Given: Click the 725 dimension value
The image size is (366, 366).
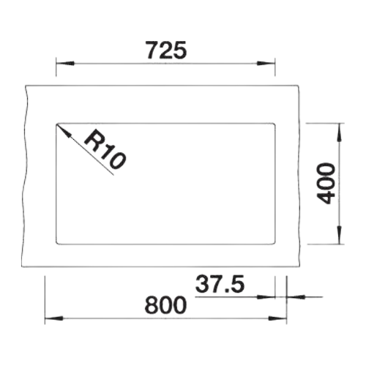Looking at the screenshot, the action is (166, 51).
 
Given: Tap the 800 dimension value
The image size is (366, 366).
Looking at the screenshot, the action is (165, 305).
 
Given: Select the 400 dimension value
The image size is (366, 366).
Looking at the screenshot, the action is (325, 184).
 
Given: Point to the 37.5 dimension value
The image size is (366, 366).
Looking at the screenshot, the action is (220, 284).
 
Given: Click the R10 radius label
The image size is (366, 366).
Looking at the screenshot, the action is (105, 149).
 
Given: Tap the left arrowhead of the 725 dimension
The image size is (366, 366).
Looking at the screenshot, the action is (65, 64).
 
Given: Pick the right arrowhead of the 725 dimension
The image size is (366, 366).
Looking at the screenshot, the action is (266, 64).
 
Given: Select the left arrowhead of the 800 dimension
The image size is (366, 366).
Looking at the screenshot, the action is (54, 318).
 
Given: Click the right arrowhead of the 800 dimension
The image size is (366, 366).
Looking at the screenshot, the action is (277, 318).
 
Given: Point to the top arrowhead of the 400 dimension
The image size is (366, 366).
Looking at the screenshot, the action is (339, 132).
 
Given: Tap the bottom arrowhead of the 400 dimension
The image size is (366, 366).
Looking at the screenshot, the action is (339, 235).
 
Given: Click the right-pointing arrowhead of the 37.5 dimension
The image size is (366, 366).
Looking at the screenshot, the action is (266, 297).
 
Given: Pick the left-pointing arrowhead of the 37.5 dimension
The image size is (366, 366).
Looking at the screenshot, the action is (296, 297).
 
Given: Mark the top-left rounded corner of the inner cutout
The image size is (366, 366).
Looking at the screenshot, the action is (57, 124).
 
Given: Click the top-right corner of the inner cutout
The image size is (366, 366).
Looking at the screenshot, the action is (274, 124).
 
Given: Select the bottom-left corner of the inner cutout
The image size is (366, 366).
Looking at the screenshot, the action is (57, 243).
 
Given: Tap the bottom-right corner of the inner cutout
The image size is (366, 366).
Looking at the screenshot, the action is (274, 243).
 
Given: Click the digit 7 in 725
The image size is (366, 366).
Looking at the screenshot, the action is (152, 51).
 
